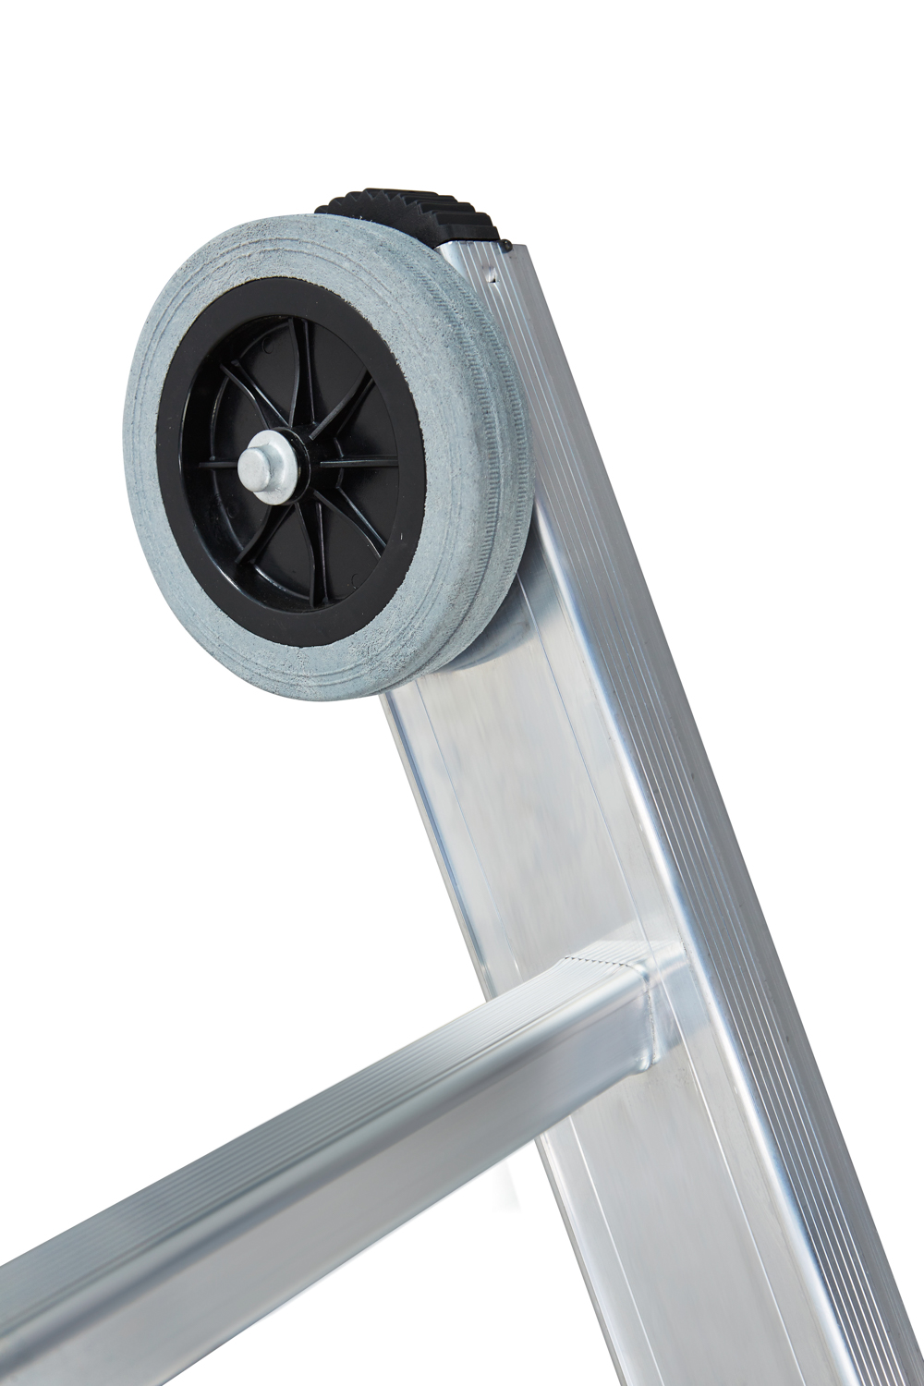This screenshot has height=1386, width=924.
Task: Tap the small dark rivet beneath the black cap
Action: tap(507, 244)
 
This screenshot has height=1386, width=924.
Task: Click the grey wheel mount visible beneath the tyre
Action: tap(504, 638)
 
